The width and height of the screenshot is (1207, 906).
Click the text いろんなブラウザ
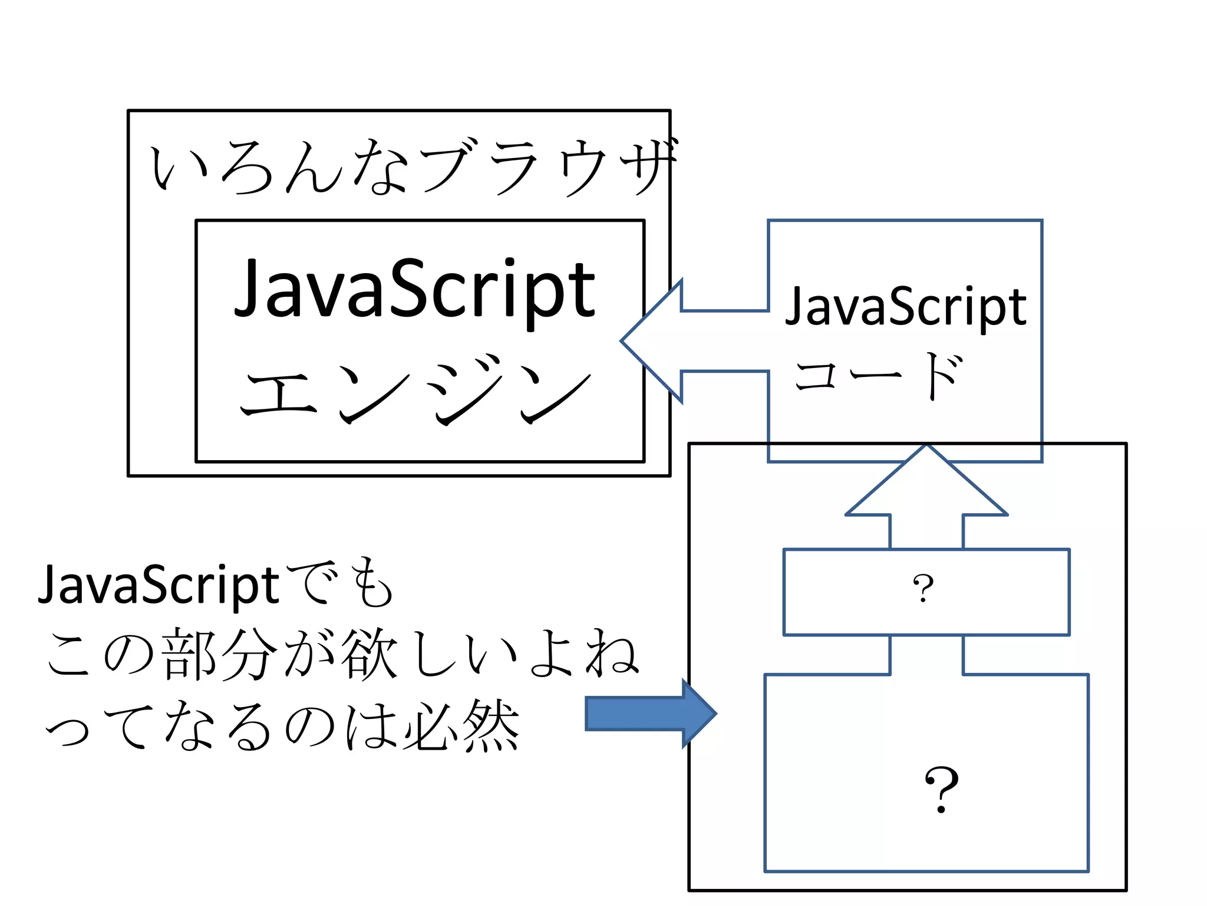(413, 168)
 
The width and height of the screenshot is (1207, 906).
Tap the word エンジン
(415, 389)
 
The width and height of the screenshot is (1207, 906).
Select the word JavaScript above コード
(906, 307)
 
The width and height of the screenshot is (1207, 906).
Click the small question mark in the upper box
(923, 589)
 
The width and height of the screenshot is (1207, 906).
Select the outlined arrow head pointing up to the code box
(926, 484)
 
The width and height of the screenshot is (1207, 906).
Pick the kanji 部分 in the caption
(218, 655)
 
